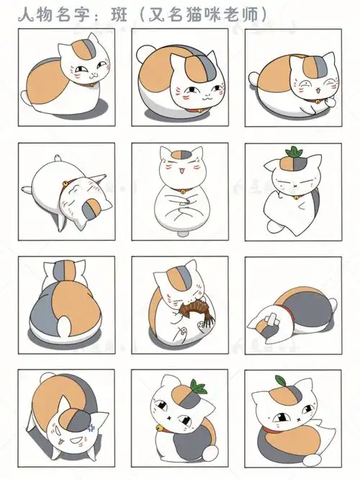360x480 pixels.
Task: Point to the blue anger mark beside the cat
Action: pos(91,427)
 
